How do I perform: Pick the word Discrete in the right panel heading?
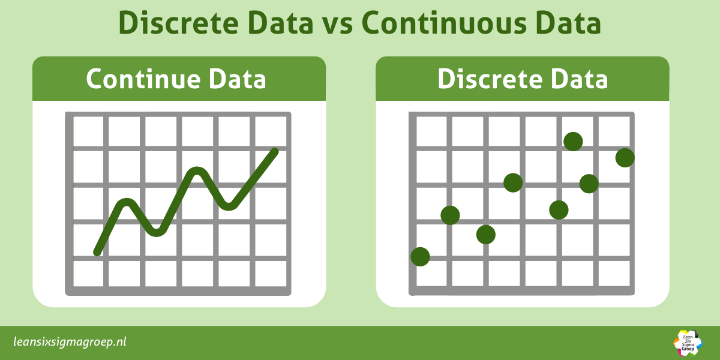point(487,79)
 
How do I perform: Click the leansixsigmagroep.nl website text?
point(70,342)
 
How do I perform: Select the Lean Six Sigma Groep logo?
point(688,342)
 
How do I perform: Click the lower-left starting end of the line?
point(97,252)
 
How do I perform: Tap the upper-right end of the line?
point(275,151)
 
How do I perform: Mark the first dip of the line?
point(157,231)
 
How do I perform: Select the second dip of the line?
point(228,206)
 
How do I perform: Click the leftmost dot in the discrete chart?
point(420,257)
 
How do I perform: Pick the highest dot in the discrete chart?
point(573,142)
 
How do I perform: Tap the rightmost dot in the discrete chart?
point(625,158)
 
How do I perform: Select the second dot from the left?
point(450,215)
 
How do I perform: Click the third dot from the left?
point(486,235)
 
